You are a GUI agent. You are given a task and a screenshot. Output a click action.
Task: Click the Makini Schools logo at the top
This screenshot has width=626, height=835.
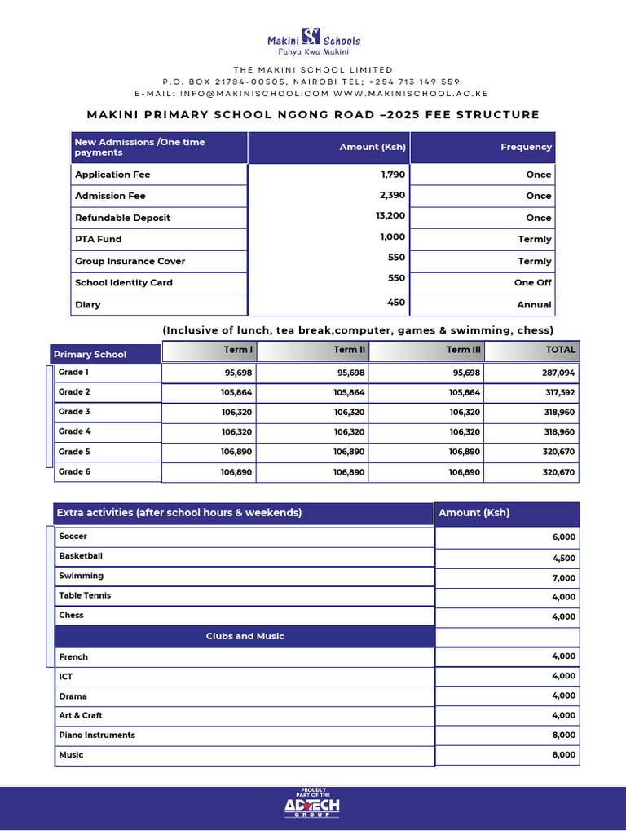pyautogui.click(x=314, y=41)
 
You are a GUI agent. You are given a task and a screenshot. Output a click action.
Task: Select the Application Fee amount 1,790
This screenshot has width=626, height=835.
pyautogui.click(x=393, y=175)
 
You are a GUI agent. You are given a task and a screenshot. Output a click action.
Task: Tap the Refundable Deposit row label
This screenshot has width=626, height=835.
pyautogui.click(x=123, y=218)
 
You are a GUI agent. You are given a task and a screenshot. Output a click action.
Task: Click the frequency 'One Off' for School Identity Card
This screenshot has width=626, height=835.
pyautogui.click(x=532, y=282)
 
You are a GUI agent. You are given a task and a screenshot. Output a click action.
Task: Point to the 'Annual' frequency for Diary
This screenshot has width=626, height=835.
pyautogui.click(x=534, y=304)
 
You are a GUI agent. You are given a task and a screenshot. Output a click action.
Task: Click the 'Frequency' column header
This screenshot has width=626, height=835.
pyautogui.click(x=526, y=147)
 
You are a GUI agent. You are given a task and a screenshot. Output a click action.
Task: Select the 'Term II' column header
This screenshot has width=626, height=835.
pyautogui.click(x=345, y=350)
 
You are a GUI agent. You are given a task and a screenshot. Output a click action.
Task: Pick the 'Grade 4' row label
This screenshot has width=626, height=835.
pyautogui.click(x=74, y=431)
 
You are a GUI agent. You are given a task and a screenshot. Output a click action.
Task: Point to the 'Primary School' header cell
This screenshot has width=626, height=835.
pyautogui.click(x=90, y=354)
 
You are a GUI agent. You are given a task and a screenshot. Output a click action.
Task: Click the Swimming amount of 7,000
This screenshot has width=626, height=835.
pyautogui.click(x=563, y=577)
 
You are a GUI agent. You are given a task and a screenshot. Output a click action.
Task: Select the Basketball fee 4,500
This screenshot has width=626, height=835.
pyautogui.click(x=563, y=559)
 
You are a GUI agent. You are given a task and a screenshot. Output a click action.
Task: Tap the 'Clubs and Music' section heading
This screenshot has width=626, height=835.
pyautogui.click(x=245, y=636)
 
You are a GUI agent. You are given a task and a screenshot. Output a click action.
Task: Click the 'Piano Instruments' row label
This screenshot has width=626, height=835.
pyautogui.click(x=97, y=735)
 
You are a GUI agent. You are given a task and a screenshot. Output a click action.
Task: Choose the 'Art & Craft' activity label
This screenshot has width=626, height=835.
pyautogui.click(x=80, y=715)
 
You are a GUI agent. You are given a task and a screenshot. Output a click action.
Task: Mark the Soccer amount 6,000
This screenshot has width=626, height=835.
pyautogui.click(x=563, y=537)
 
